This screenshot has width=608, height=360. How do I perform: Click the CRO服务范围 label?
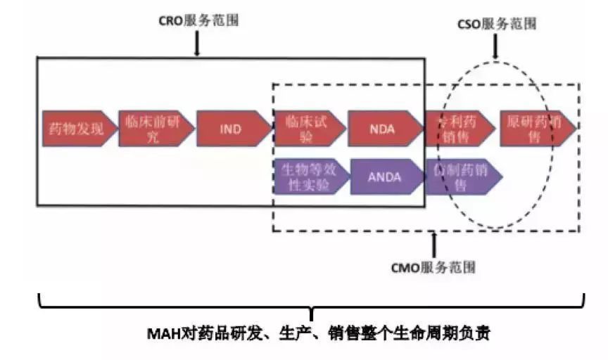(198, 20)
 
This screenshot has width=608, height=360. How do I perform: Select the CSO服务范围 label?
(498, 24)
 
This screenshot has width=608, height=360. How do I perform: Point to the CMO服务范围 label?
(433, 267)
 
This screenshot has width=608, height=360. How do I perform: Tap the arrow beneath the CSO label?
(497, 48)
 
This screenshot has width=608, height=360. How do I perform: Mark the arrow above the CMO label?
(433, 244)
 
